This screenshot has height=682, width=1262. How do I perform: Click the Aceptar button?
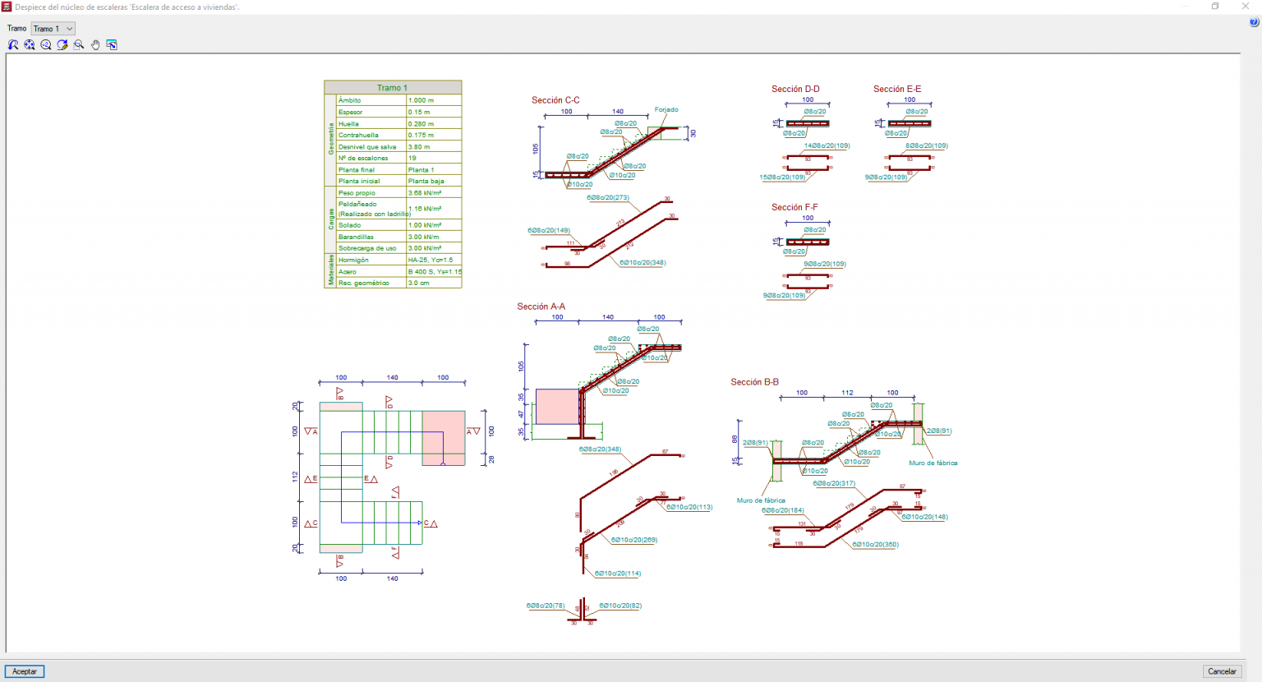coord(25,671)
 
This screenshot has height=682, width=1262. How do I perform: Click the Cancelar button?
coord(1222,671)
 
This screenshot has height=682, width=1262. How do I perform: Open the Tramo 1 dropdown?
coord(53,29)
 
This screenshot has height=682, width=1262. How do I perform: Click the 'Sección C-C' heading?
coord(555,100)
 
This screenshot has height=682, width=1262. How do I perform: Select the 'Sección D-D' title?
coord(795,89)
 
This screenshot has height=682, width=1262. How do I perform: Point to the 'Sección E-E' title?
coord(897,89)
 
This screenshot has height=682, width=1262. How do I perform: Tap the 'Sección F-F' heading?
coord(795,207)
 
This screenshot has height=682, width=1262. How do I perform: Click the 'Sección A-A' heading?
coord(541,306)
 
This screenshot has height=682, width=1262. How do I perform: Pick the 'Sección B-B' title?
coord(754,382)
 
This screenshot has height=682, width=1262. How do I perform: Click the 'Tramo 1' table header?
coord(393,87)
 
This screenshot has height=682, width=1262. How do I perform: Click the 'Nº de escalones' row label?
coord(363,158)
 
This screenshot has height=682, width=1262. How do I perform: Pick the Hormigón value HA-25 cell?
coord(431,260)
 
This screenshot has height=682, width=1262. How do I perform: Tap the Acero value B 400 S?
coord(434,271)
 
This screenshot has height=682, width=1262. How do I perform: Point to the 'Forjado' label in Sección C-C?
coord(666,109)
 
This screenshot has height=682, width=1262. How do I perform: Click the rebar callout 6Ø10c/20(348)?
coord(643,263)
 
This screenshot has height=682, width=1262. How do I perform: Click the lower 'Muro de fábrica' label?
coord(761,500)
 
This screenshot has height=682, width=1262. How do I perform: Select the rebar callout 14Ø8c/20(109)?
coord(827,145)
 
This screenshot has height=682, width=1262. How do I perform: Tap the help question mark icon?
coord(1254,22)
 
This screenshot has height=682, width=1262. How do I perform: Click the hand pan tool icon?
coord(95,45)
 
